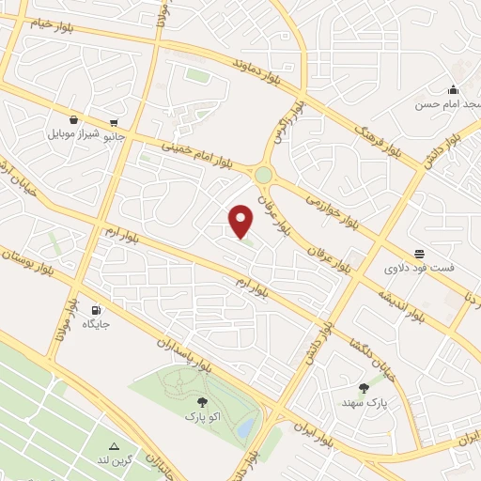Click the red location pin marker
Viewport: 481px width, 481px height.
coord(241,221)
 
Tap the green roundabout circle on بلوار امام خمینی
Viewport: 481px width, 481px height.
coord(263,175)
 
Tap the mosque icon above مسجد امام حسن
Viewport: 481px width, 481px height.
coord(453,89)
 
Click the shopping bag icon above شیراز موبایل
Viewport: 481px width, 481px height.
coord(73,120)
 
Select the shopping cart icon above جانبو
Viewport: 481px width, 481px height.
coord(114,122)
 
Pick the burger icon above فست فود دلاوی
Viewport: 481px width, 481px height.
coord(418,254)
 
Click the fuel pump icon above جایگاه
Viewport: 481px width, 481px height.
coord(95,310)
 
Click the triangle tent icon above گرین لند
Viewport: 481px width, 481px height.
coord(115,445)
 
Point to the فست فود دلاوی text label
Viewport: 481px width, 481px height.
coord(418,268)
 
